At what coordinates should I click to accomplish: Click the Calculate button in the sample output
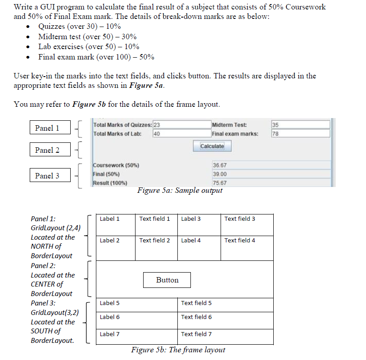tap(212, 146)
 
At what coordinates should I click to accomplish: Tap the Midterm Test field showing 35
tap(300, 125)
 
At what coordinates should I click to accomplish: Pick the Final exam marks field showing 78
tap(300, 133)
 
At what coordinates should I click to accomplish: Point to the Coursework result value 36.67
tap(271, 165)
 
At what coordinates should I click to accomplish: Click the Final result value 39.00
tap(271, 174)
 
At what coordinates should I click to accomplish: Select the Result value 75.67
tap(271, 182)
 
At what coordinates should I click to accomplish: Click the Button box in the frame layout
tap(167, 280)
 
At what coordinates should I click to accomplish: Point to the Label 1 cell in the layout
tap(116, 225)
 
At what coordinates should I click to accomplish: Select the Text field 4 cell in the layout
tap(247, 248)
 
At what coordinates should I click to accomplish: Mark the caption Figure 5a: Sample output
tap(180, 190)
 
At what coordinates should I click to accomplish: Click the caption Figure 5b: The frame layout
tap(178, 350)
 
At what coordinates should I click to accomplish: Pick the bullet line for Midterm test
tap(87, 36)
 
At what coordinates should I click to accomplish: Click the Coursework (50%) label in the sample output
tap(116, 165)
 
